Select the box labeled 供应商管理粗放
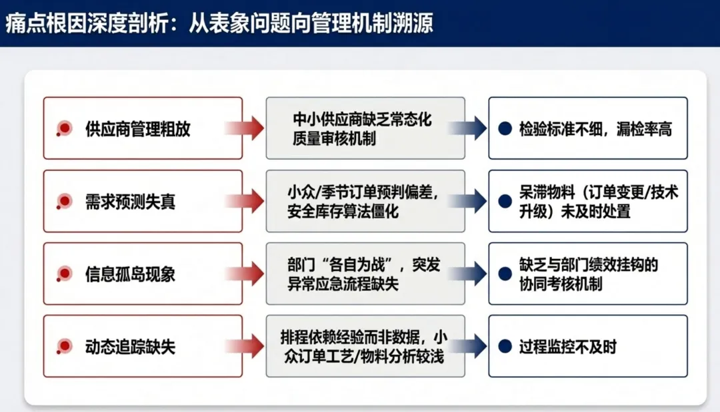(143, 128)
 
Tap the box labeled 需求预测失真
(143, 201)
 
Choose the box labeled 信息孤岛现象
(143, 274)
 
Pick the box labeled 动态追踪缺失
(143, 346)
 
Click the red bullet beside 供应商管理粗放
(65, 128)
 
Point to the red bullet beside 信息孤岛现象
(65, 274)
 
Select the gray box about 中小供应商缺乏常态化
(365, 128)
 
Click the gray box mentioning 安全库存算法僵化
(365, 201)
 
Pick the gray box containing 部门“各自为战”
(365, 274)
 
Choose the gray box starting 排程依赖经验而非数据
(365, 346)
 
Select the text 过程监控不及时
(567, 347)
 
